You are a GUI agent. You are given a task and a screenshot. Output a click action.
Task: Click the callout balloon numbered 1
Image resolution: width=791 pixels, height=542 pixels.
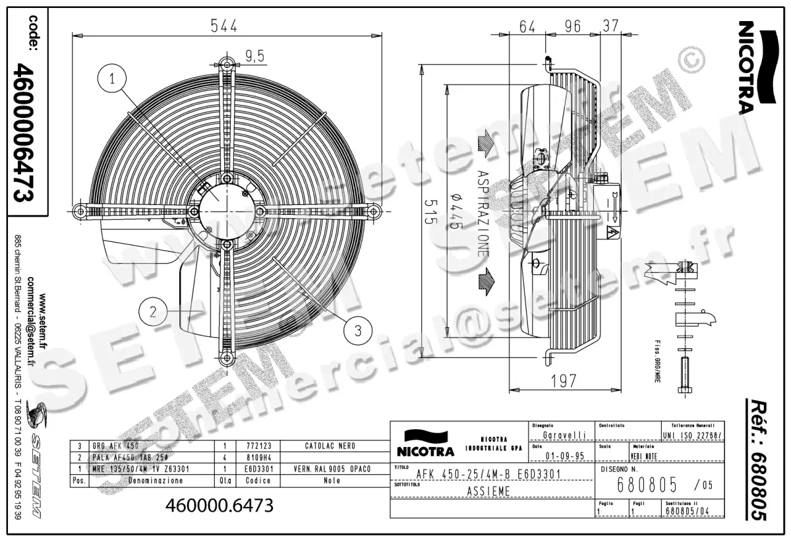click(x=113, y=79)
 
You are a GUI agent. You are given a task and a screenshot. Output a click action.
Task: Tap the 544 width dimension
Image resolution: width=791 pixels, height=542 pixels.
click(x=223, y=25)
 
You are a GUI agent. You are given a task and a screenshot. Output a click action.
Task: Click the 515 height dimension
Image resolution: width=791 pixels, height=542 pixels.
click(x=430, y=212)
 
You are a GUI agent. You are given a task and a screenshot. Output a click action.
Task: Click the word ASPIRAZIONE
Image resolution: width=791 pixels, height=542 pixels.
click(x=483, y=211)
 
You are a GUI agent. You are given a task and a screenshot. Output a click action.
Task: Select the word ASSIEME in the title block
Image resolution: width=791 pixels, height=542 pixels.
click(x=487, y=491)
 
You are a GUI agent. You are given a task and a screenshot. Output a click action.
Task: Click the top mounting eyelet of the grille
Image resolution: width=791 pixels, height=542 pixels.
click(x=227, y=64)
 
